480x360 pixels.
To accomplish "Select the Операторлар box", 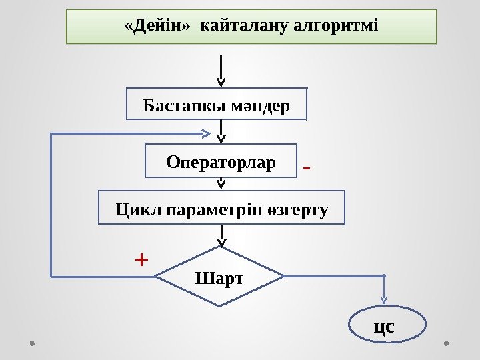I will (x=221, y=161).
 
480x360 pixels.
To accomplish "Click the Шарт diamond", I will (x=220, y=277).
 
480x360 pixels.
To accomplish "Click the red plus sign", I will (x=141, y=259).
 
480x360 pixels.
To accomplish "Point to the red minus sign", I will (x=307, y=169).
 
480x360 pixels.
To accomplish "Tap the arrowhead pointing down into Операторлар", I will (x=222, y=138).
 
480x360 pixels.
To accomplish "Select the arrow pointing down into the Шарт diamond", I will (x=222, y=237).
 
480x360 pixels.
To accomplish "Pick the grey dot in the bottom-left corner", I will (x=33, y=343).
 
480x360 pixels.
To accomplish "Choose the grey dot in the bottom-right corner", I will (x=446, y=343).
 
